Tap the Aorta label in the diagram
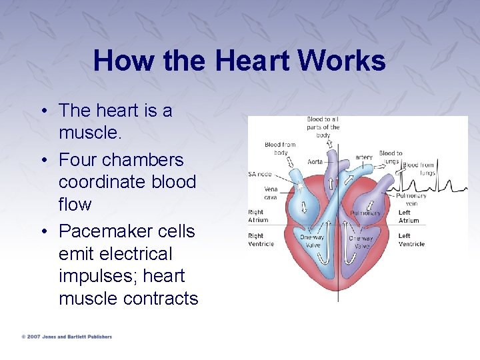315,162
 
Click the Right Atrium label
258,216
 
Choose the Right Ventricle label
261,240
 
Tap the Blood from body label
280,148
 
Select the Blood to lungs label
390,157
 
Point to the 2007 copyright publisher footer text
67,337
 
